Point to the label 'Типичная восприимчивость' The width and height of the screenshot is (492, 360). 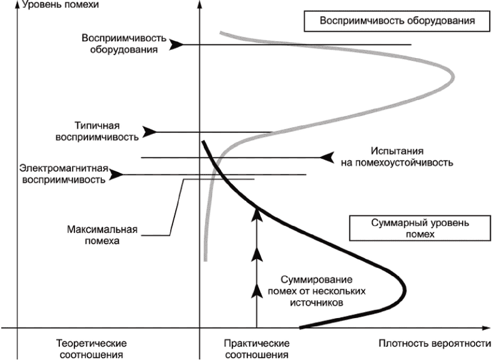(98, 131)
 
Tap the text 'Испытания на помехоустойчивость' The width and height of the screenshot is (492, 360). (398, 157)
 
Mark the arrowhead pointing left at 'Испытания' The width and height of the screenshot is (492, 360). (327, 157)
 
